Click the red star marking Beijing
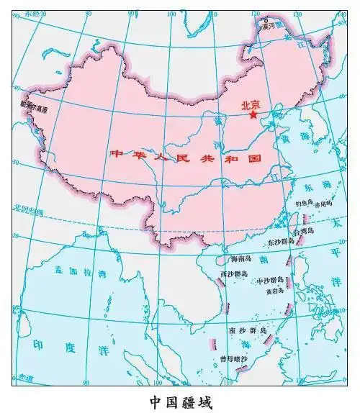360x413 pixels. [x=253, y=114]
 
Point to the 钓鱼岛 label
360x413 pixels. [x=297, y=204]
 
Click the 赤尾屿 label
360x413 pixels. [x=323, y=204]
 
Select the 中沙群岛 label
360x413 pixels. [x=271, y=281]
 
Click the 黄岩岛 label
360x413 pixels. [x=275, y=292]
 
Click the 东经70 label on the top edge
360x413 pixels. [x=32, y=13]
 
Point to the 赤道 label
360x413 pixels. [x=26, y=376]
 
